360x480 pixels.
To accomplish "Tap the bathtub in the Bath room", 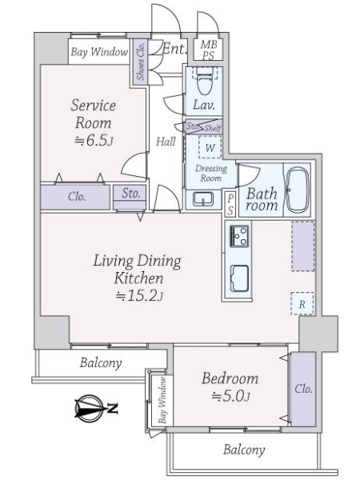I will coord(296,190).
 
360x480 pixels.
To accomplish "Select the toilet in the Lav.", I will coord(202,81).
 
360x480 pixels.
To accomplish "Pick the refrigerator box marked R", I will coord(301,303).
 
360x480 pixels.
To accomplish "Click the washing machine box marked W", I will coord(209,147).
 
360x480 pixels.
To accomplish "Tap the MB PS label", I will coord(207,50).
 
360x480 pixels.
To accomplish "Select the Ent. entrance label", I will coord(174,50).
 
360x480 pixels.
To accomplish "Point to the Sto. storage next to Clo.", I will coord(131,193).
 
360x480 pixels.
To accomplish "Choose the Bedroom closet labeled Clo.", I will coord(302,390).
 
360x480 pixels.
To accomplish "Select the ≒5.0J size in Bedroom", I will coord(230,396).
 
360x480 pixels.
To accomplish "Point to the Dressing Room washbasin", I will coord(197,198).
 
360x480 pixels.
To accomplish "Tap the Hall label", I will coord(166,142).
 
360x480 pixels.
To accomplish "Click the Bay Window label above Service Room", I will coord(98,52).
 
